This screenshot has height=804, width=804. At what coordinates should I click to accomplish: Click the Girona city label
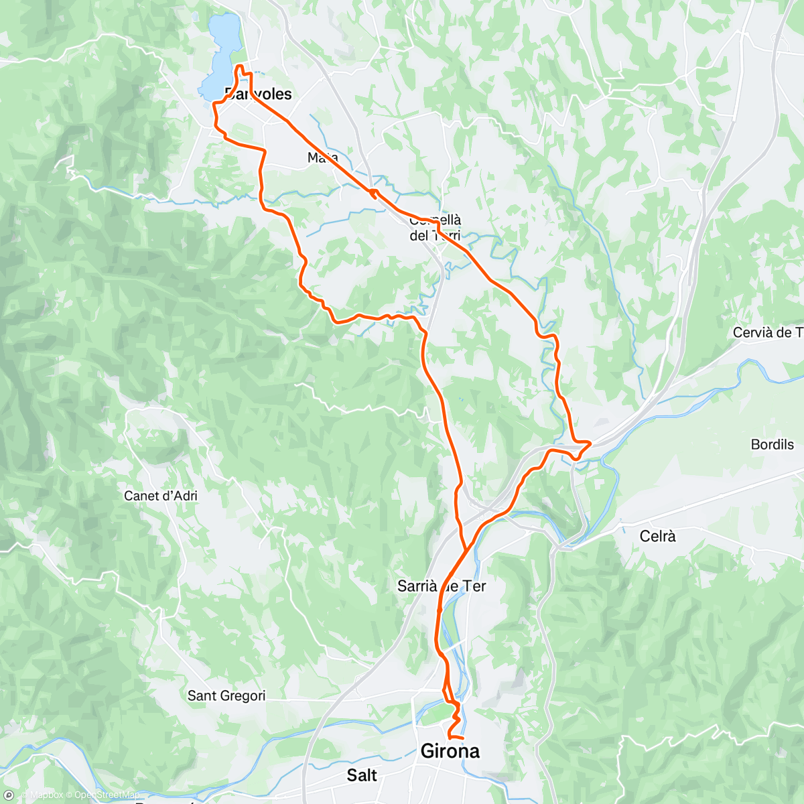click(450, 751)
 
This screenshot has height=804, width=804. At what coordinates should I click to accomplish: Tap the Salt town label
click(362, 775)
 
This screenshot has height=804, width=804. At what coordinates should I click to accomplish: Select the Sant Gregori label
click(226, 695)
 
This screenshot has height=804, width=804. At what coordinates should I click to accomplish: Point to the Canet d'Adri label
click(161, 496)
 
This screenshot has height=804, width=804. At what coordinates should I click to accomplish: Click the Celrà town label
click(657, 536)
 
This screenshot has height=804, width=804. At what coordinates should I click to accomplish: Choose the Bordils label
click(772, 444)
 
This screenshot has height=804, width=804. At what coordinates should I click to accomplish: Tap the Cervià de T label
click(767, 332)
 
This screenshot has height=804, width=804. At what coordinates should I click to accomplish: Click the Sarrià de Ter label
click(442, 586)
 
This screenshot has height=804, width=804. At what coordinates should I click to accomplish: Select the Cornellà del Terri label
click(435, 228)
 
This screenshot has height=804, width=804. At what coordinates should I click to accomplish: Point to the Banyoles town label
click(259, 94)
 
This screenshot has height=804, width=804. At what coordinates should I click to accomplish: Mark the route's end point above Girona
click(462, 738)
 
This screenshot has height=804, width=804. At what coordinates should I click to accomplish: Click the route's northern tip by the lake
click(239, 65)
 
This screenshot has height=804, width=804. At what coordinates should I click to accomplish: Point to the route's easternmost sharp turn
click(590, 442)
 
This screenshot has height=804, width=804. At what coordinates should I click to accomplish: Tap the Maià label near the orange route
click(322, 157)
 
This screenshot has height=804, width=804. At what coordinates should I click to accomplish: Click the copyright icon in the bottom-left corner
click(9, 796)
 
